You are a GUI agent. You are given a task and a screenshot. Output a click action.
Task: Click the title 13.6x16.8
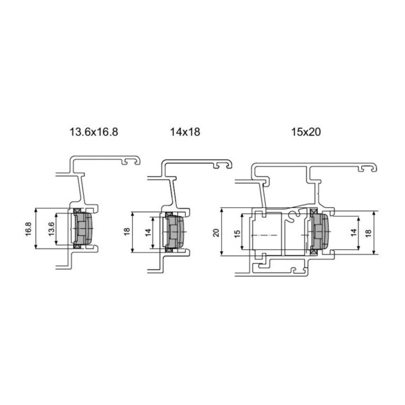pyautogui.click(x=94, y=132)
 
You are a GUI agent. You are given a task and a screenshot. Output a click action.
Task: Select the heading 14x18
pyautogui.click(x=185, y=132)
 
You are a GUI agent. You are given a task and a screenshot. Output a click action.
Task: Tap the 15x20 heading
pyautogui.click(x=306, y=132)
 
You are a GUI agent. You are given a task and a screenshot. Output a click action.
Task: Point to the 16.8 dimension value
pyautogui.click(x=28, y=229)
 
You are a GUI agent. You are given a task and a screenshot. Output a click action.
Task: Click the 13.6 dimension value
pyautogui.click(x=51, y=229)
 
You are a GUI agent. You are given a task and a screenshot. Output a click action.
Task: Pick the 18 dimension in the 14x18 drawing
pyautogui.click(x=127, y=232)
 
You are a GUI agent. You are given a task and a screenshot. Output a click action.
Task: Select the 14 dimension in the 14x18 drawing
pyautogui.click(x=148, y=232)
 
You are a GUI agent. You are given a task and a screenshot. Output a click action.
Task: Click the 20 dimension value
pyautogui.click(x=216, y=233)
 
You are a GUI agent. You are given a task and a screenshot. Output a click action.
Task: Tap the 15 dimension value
pyautogui.click(x=237, y=234)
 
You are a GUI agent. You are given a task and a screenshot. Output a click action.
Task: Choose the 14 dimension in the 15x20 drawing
pyautogui.click(x=354, y=232)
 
